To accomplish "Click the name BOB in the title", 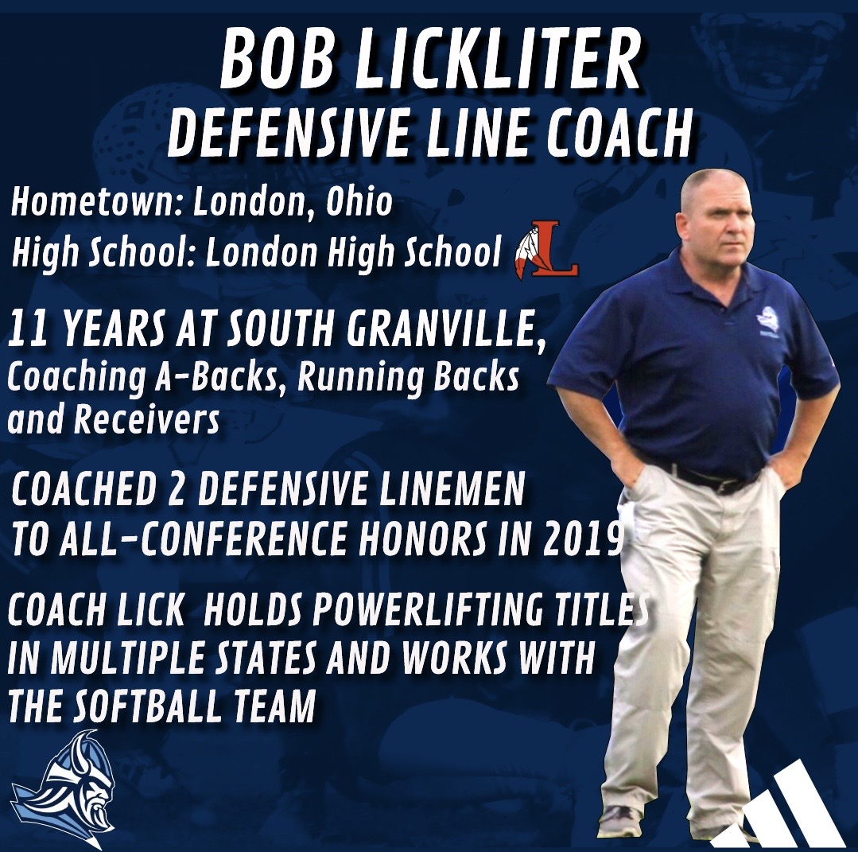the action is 275,61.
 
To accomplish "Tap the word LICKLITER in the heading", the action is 499,61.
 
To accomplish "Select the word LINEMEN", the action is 449,489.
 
